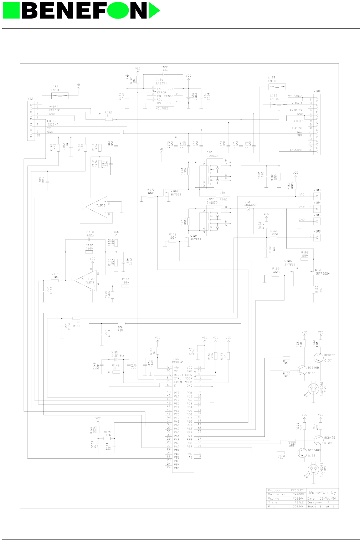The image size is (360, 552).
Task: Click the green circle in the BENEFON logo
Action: [x=118, y=10]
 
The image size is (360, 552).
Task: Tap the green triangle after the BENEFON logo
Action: [x=154, y=10]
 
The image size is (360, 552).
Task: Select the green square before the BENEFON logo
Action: [x=11, y=10]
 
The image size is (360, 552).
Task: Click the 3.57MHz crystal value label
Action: [x=117, y=356]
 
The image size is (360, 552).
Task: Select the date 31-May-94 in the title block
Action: [x=327, y=498]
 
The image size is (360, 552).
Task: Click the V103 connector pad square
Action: [x=317, y=196]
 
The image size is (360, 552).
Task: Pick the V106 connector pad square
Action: [x=317, y=237]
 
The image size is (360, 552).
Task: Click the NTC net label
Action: [x=302, y=195]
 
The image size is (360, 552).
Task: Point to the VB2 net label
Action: [x=302, y=207]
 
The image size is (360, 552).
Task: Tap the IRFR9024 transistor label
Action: [x=322, y=274]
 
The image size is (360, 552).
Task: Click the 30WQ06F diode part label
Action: [x=251, y=205]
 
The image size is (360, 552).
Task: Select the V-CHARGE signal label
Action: [x=295, y=96]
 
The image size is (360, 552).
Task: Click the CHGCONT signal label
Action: [x=296, y=150]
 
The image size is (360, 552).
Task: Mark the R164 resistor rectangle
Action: [x=273, y=237]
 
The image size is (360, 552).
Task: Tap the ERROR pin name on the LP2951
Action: [x=161, y=92]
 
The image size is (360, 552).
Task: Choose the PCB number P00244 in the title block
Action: [x=298, y=498]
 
